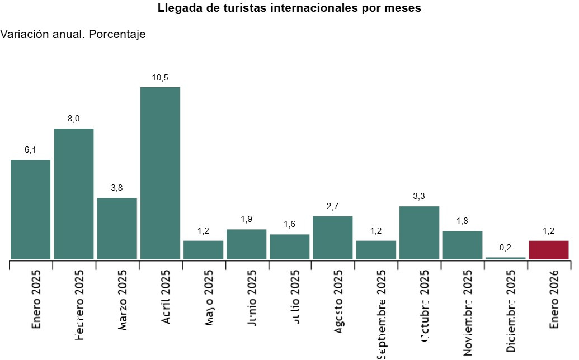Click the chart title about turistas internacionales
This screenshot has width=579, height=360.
click(x=289, y=8)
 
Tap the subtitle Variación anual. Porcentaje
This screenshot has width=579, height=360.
click(x=73, y=35)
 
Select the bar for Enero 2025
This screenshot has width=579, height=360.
click(x=31, y=210)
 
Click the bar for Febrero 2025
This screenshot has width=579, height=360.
click(x=74, y=194)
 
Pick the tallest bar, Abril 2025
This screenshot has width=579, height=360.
click(x=160, y=173)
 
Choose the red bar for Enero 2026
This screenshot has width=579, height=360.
click(x=548, y=250)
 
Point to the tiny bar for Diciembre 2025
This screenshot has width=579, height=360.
click(x=505, y=258)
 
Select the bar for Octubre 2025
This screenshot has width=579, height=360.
click(x=419, y=233)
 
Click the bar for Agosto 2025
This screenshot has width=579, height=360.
click(x=332, y=238)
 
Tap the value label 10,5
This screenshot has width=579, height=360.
click(x=160, y=78)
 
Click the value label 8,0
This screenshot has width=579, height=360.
click(x=74, y=119)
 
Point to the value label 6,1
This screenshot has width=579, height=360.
click(x=31, y=150)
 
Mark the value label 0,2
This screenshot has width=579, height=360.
click(x=505, y=248)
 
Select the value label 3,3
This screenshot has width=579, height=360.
click(x=419, y=196)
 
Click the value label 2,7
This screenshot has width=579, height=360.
click(x=332, y=206)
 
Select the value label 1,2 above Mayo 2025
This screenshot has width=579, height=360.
click(x=203, y=231)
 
